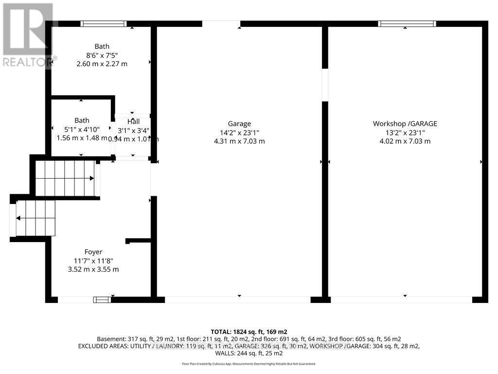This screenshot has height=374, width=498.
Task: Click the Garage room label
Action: tap(239, 124)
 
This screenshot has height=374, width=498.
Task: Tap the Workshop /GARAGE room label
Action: tap(405, 124)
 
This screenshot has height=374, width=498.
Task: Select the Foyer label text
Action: tap(93, 252)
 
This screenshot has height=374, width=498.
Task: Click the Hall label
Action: tap(133, 121)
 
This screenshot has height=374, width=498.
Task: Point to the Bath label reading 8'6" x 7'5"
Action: tap(102, 55)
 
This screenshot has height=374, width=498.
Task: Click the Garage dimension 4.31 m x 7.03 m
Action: tap(239, 141)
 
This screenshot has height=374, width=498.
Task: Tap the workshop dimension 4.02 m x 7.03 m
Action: tap(405, 141)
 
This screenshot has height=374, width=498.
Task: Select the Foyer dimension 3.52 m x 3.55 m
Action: tap(93, 269)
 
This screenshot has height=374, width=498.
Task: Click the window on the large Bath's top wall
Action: tap(104, 23)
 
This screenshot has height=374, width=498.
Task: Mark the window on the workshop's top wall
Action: tap(407, 23)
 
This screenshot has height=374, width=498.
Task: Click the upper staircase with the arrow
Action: tap(66, 179)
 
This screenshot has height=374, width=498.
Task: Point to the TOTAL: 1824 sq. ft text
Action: tap(249, 331)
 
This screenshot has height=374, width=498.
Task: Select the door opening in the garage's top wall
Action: tap(221, 23)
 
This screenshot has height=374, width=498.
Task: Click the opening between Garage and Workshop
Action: tap(325, 85)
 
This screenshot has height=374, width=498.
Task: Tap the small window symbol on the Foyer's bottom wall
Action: tap(102, 300)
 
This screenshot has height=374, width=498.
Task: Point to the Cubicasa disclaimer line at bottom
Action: tap(249, 364)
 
